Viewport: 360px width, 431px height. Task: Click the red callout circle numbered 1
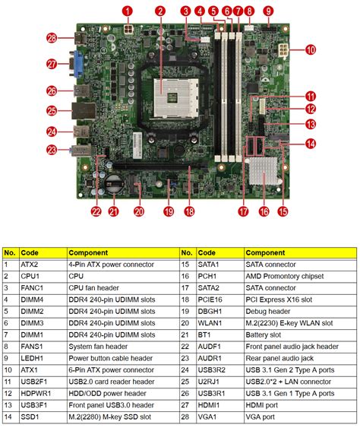(128, 11)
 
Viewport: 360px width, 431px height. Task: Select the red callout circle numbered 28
(52, 37)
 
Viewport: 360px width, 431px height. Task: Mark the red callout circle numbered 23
(52, 151)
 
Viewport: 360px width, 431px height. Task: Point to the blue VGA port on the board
(79, 65)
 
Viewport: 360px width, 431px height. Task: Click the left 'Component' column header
(87, 252)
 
